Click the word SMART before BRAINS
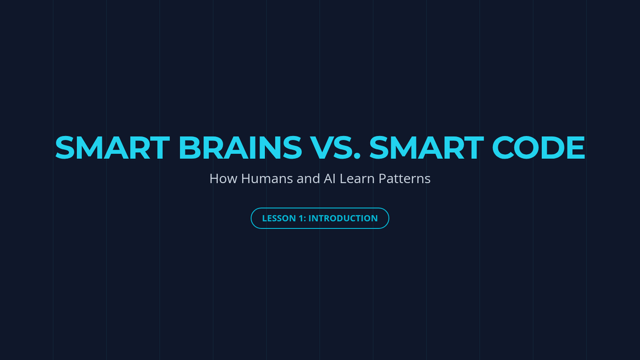(x=113, y=148)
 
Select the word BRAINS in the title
(x=241, y=148)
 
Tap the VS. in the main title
(x=335, y=148)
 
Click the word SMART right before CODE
(x=427, y=148)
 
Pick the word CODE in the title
(x=539, y=148)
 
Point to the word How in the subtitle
(x=223, y=179)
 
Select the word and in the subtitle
(x=308, y=179)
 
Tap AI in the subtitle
(x=330, y=179)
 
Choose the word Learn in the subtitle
(x=357, y=179)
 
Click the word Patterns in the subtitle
(x=405, y=179)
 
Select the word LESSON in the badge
(x=279, y=218)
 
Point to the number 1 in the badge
(x=301, y=218)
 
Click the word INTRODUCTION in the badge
(x=343, y=218)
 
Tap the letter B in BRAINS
(x=189, y=148)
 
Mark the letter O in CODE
(x=526, y=148)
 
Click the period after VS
(x=357, y=156)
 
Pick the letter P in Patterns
(x=382, y=179)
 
